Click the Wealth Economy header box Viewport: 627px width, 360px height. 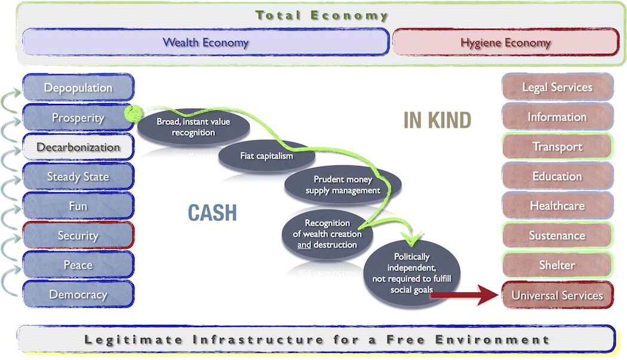(205, 42)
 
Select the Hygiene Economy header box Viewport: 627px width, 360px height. (505, 42)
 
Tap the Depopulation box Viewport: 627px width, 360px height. (78, 88)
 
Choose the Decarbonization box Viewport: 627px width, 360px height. (78, 147)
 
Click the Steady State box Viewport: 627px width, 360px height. (78, 177)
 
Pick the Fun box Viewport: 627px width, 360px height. (78, 206)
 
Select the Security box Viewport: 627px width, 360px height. (78, 235)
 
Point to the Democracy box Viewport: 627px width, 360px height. (78, 294)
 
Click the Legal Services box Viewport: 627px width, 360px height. (557, 87)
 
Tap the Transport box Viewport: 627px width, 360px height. (557, 146)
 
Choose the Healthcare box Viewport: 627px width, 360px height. (557, 206)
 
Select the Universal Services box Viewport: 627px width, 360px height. (557, 295)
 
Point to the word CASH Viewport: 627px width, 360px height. (213, 212)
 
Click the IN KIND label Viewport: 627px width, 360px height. (437, 120)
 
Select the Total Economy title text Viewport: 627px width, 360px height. (322, 16)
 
